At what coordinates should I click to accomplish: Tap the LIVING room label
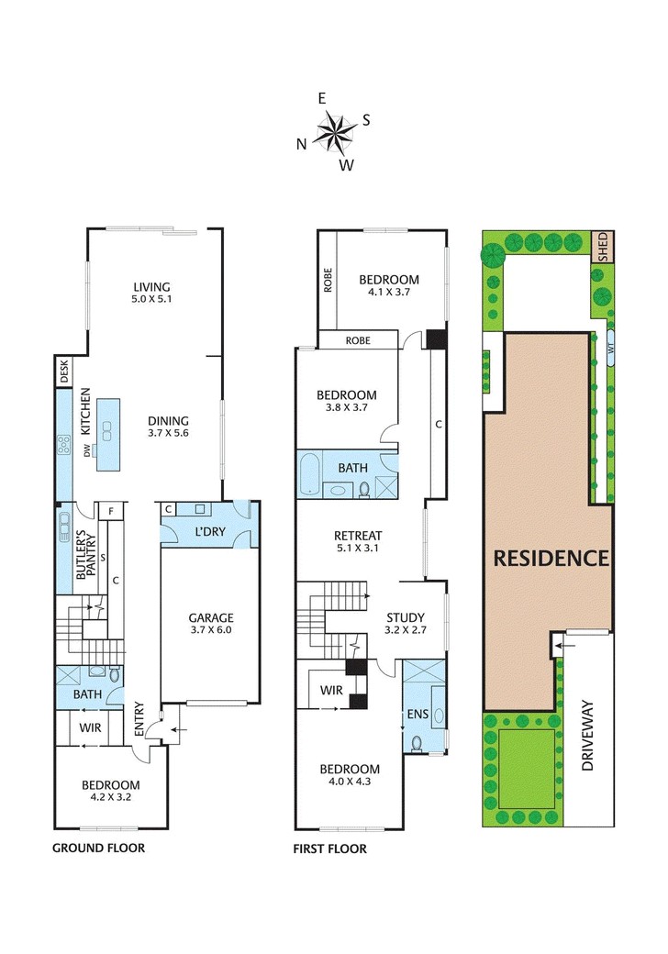point(152,286)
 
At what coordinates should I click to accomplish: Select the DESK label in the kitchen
point(64,371)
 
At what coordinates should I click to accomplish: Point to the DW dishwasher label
point(87,450)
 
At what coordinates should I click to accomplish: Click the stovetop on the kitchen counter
point(63,445)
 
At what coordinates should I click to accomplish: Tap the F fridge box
point(111,511)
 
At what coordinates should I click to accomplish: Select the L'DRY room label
point(210,531)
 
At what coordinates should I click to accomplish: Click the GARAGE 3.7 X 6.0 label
point(211,623)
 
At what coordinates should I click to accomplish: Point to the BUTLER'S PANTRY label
point(85,556)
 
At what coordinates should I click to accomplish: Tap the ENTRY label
point(139,719)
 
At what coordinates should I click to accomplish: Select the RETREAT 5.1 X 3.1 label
point(358,541)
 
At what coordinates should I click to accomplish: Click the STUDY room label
point(406,617)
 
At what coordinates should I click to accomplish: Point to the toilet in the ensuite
point(417,744)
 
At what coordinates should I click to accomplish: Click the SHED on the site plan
point(603,247)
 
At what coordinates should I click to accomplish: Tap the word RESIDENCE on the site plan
point(551,558)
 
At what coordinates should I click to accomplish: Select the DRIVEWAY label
point(587,736)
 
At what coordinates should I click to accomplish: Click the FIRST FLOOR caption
point(329,849)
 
